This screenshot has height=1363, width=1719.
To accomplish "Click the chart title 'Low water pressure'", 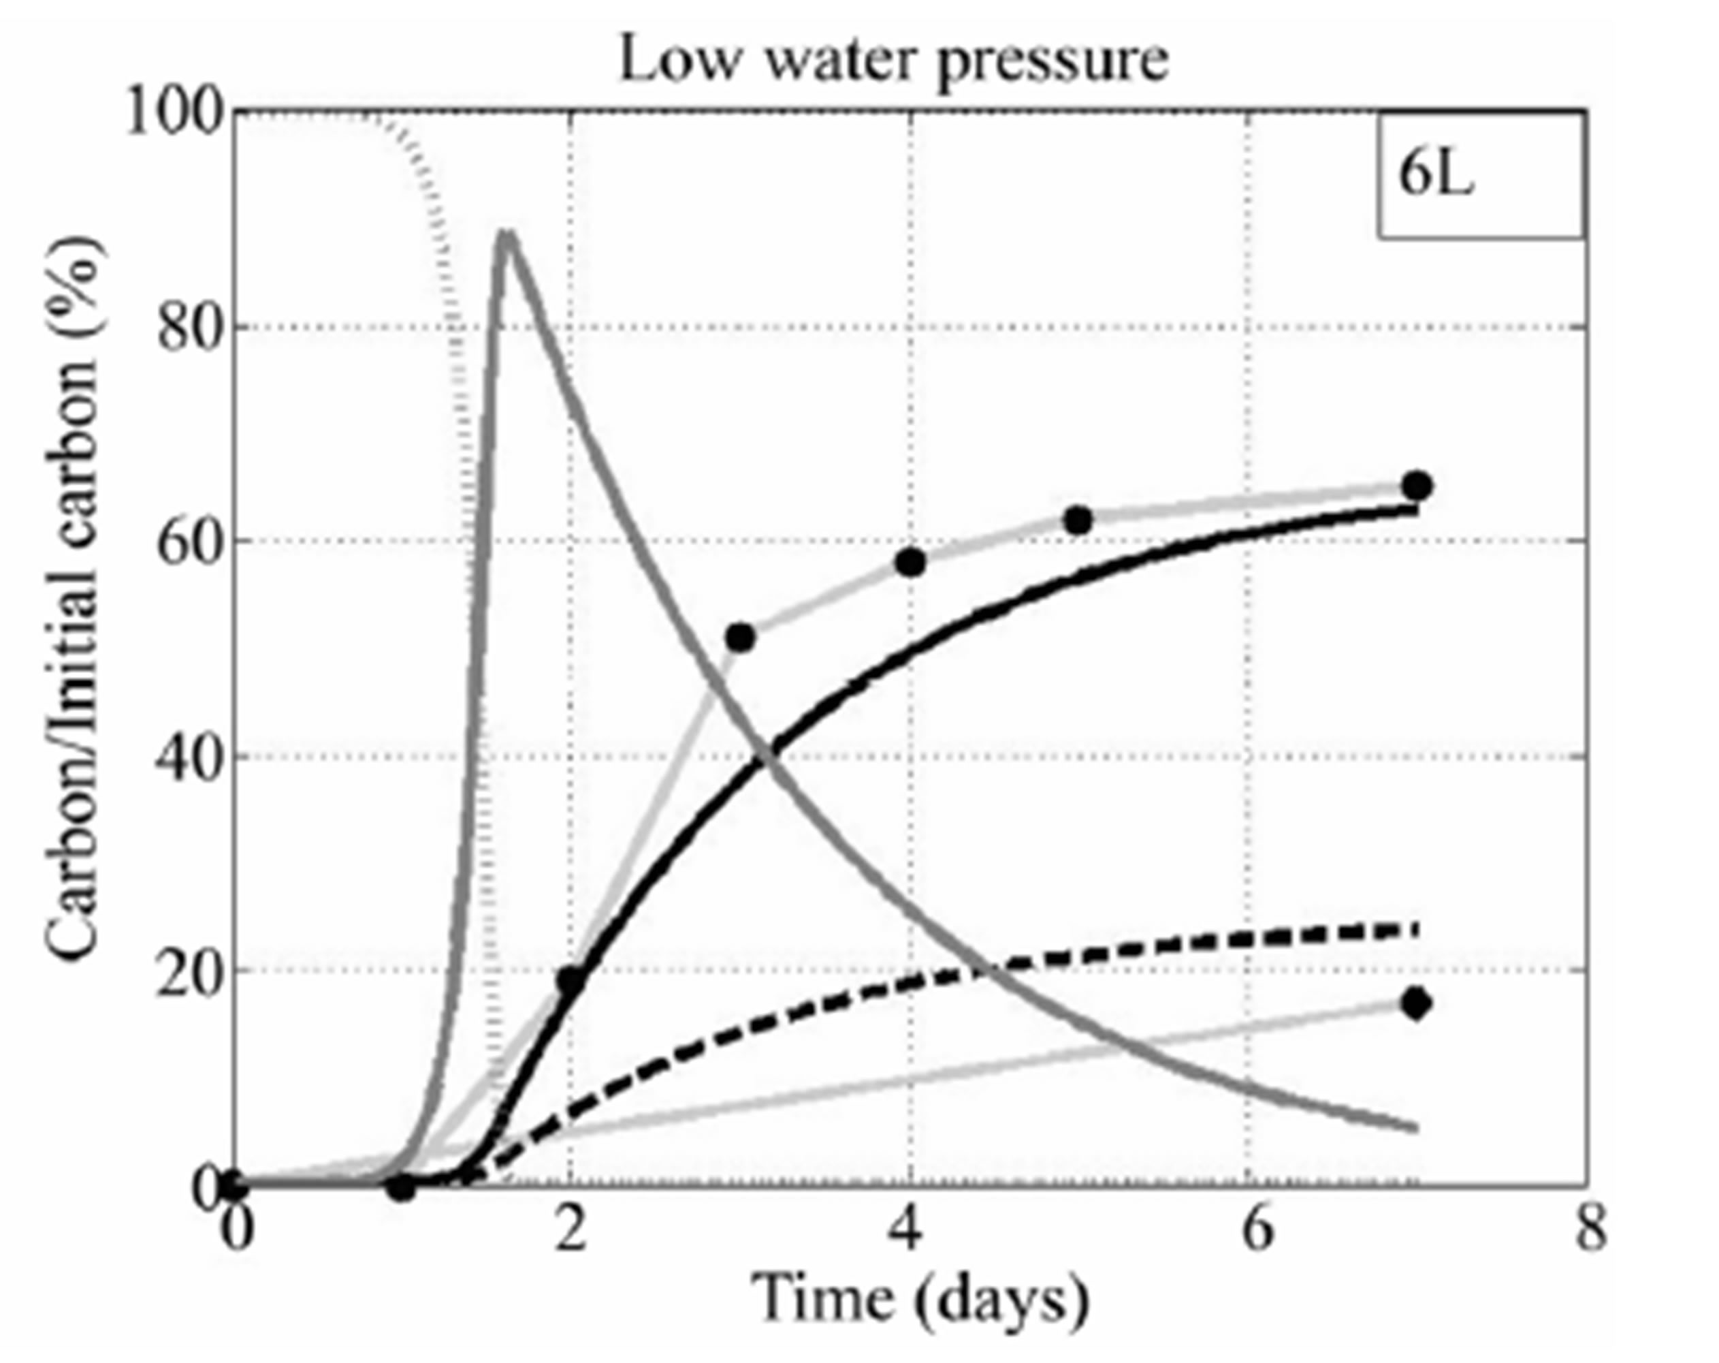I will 894,61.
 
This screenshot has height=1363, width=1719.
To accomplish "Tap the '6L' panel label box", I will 1480,176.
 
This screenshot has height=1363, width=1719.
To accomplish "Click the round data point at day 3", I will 741,638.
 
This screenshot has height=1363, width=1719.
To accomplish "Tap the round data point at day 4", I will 910,562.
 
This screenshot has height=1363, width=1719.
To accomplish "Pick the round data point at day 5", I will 1078,520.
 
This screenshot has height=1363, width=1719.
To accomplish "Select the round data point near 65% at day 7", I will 1417,486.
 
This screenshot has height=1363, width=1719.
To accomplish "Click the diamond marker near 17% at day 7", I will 1417,1003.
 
